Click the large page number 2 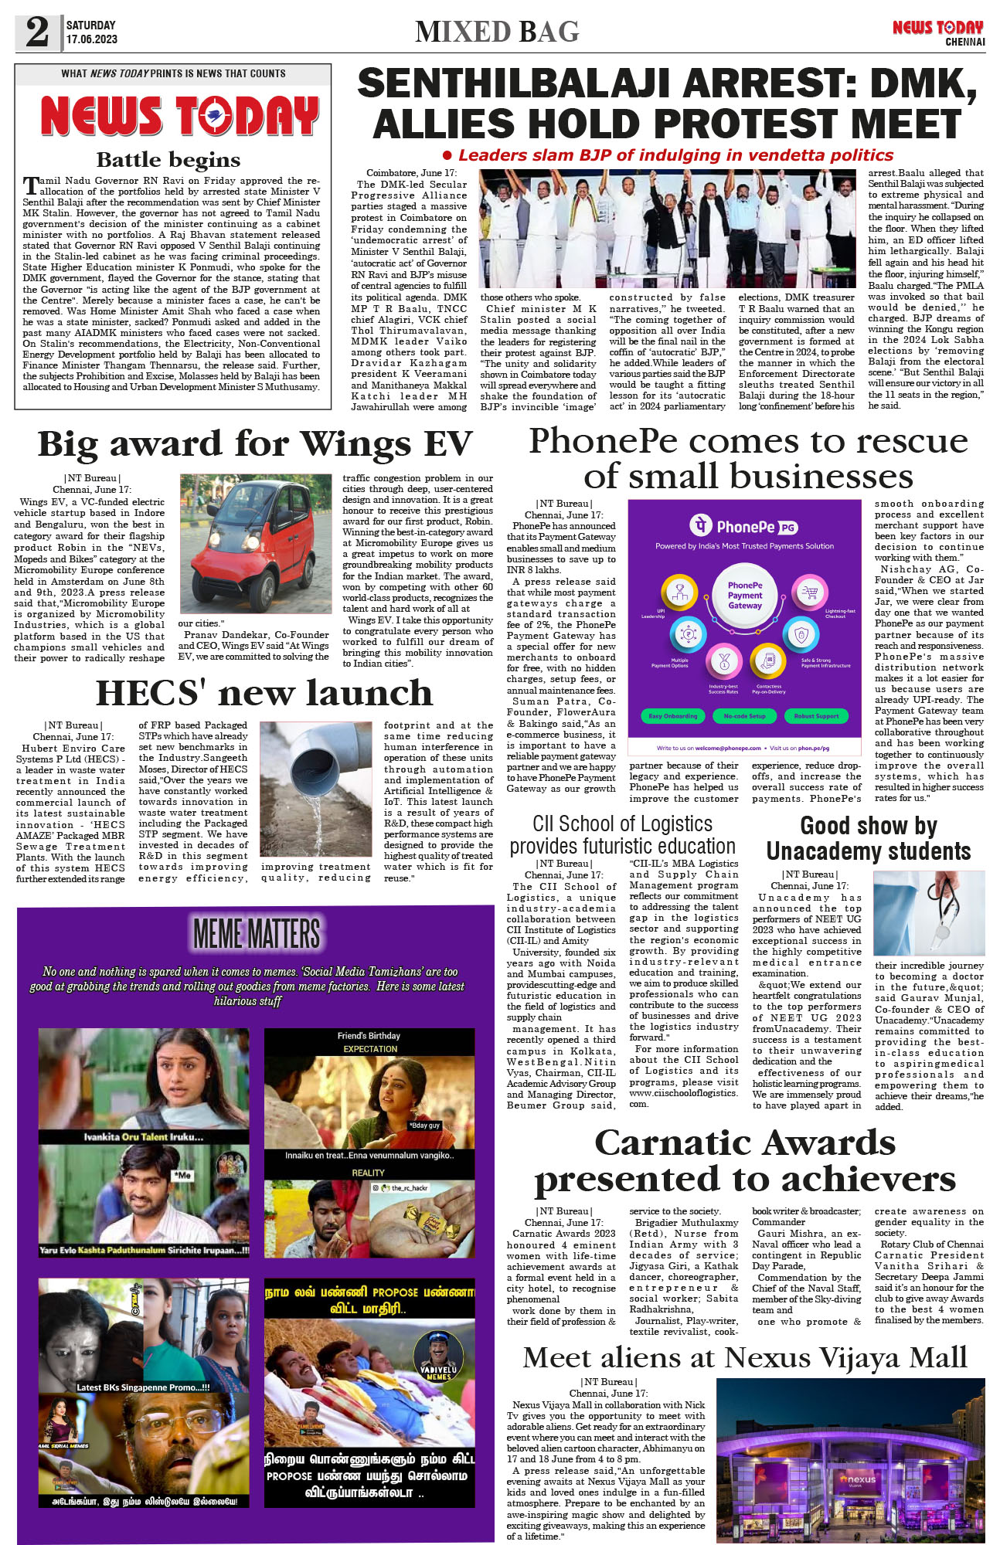[x=37, y=32]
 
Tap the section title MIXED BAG [x=497, y=32]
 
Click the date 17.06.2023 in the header [x=91, y=39]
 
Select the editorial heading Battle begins [x=168, y=160]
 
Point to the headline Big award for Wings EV [x=254, y=444]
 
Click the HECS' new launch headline [x=264, y=693]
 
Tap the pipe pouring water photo [x=316, y=789]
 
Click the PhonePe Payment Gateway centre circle [x=744, y=596]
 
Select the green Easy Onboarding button [x=672, y=716]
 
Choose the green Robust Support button [x=816, y=716]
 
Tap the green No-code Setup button [x=744, y=716]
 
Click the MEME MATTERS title [x=256, y=934]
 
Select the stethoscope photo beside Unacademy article [x=928, y=913]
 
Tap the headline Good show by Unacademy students [x=868, y=838]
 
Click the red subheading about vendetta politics [x=668, y=155]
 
